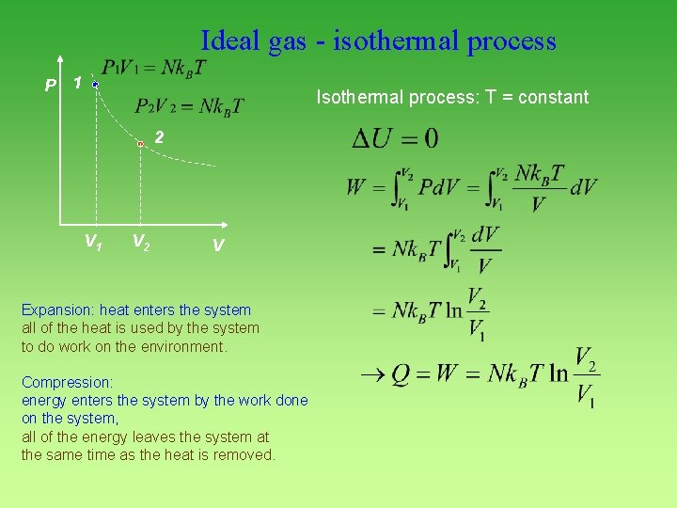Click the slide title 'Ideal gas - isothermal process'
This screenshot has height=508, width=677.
378,41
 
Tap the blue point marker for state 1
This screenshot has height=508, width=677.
96,85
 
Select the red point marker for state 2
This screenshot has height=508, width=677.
140,144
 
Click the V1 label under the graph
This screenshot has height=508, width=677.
94,243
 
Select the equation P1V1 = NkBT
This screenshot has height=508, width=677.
155,68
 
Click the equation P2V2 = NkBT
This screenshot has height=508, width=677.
188,105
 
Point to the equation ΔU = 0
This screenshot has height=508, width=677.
394,139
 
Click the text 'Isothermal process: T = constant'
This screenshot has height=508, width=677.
452,97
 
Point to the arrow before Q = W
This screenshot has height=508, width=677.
372,373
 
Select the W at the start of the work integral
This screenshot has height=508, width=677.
356,186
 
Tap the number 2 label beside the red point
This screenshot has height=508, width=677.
160,137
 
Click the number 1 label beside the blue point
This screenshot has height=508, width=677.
78,83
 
